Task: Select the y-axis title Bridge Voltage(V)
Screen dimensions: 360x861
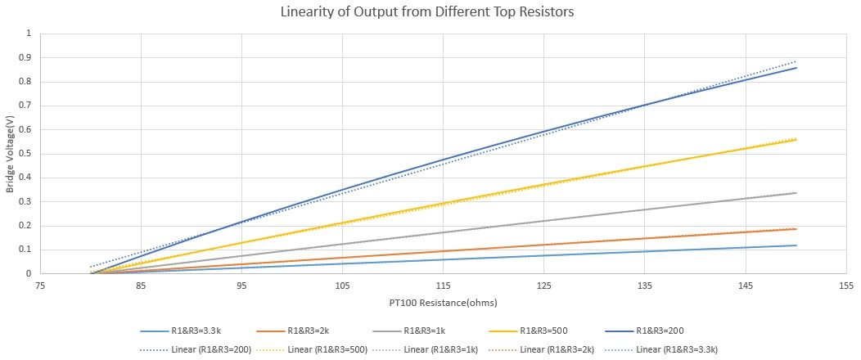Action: (x=10, y=154)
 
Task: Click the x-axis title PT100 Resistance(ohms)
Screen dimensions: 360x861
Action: (x=443, y=303)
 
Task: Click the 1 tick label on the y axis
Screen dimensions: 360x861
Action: (x=33, y=34)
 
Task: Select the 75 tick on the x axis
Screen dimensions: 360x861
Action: (x=40, y=286)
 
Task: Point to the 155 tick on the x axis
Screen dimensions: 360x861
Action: (x=845, y=286)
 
